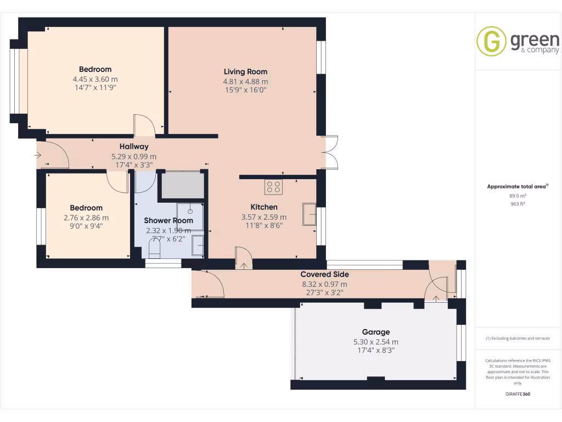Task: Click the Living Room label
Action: coord(245,71)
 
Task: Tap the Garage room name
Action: coord(376,332)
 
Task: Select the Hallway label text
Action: coord(134,147)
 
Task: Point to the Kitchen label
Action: coord(264,207)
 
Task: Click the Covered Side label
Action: coord(324,274)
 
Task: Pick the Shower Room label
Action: coord(168,220)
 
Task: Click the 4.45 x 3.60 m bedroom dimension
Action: coord(95,79)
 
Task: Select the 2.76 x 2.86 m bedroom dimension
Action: coord(86,217)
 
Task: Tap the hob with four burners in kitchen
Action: coord(274,187)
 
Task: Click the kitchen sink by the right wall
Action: coord(309,214)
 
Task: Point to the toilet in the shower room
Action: coord(154,251)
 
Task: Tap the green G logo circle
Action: coord(491,41)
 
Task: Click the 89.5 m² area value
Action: coord(518,196)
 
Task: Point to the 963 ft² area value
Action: coord(518,204)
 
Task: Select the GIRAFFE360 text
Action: coord(518,394)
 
